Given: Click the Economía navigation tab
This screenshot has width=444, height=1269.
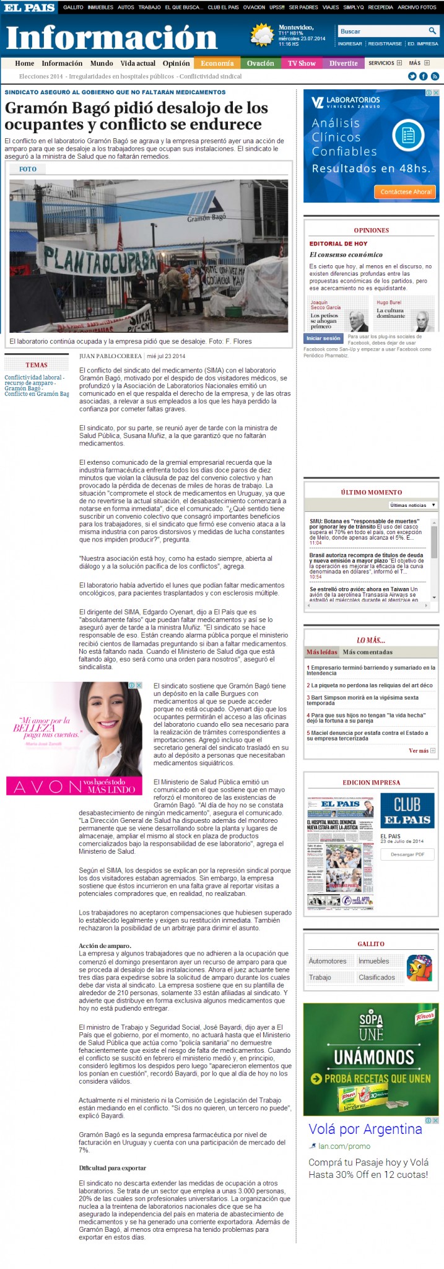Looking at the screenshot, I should pos(217,63).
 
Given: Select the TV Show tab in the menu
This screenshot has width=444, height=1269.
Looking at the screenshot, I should pos(302,63).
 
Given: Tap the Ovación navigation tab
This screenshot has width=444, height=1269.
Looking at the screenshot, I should pos(260,63).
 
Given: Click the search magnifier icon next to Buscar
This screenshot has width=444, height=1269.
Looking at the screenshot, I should pos(432,31).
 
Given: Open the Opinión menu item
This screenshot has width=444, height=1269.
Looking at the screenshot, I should pos(176,63).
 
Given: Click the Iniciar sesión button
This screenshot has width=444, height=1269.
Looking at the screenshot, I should pos(323,338).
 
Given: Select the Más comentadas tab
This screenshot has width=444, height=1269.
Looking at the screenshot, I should pos(367,652).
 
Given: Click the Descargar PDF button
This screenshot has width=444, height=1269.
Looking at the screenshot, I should pos(407,854).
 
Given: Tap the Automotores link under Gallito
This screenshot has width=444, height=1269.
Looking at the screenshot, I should pos(328,961).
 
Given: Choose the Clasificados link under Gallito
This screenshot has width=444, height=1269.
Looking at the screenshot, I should pos(377,977).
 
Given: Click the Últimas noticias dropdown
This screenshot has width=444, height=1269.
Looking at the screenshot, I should pos(413,505).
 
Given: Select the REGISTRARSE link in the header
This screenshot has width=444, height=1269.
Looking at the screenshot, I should pos(385,44).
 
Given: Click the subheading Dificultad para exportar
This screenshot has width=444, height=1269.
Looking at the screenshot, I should pos(112,1168).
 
